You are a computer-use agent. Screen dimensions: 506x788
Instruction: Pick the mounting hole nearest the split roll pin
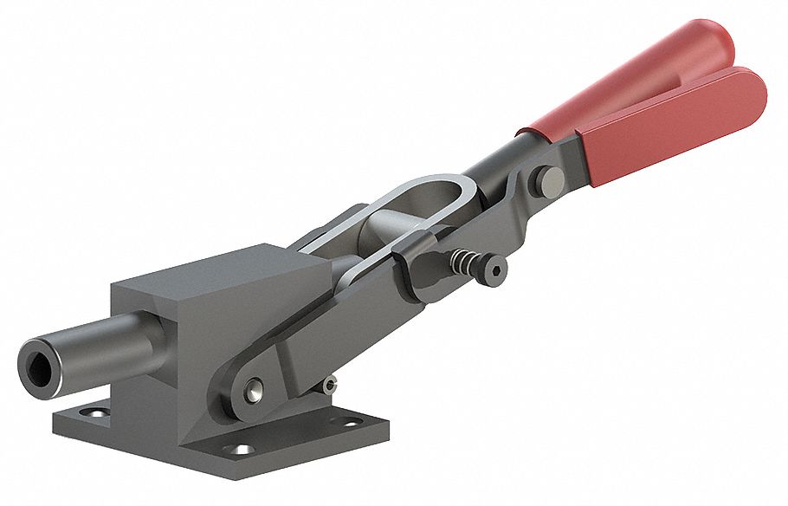(350, 424)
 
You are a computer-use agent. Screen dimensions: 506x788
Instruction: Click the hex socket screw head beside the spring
(495, 269)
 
